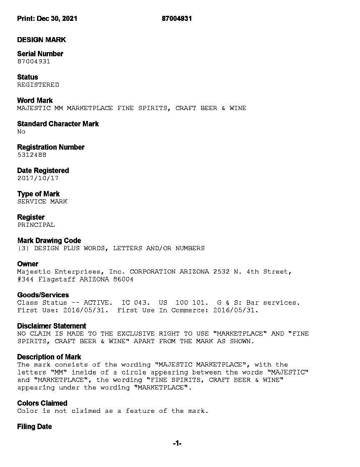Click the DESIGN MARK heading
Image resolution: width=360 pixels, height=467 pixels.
click(41, 40)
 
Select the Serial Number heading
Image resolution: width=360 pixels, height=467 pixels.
click(40, 54)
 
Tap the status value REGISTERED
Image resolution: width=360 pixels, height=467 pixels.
click(38, 85)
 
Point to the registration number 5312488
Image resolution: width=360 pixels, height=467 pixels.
click(32, 155)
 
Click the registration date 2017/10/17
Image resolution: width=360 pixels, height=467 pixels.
click(38, 178)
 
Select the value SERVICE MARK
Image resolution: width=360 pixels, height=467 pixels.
click(42, 201)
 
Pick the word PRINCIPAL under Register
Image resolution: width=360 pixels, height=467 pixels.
click(36, 225)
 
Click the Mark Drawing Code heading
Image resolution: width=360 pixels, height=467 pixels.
click(49, 241)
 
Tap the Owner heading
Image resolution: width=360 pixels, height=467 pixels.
click(27, 264)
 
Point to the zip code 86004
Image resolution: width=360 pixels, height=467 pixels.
click(123, 279)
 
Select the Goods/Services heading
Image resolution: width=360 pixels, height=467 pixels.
click(43, 295)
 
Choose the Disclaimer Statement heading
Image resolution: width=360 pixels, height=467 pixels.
click(52, 326)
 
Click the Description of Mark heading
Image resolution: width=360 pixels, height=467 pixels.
click(49, 357)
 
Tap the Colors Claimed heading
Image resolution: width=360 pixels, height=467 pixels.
click(42, 403)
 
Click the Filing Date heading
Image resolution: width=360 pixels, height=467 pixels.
click(35, 427)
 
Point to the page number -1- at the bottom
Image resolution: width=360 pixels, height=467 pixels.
click(177, 444)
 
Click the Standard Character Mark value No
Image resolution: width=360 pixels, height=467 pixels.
click(21, 131)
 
